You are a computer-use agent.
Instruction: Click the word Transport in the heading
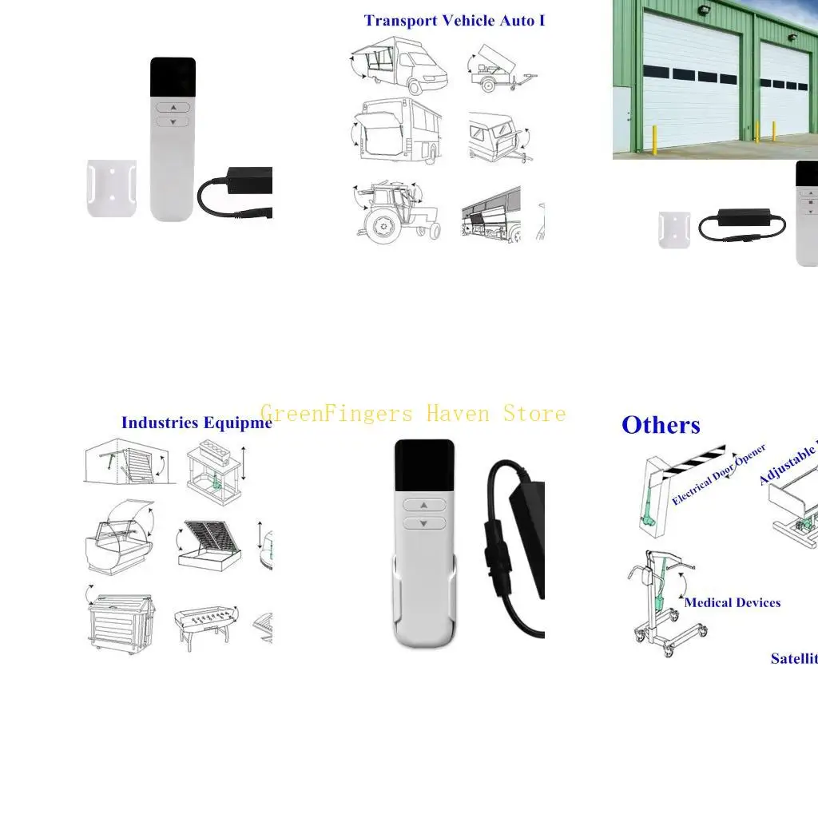395,21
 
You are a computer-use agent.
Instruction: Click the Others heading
661,425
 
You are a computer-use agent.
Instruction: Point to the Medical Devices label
732,602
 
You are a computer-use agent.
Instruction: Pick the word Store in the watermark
534,414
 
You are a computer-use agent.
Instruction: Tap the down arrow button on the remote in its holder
423,523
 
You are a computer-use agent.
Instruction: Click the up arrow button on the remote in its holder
423,505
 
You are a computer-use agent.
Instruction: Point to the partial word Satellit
793,659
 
